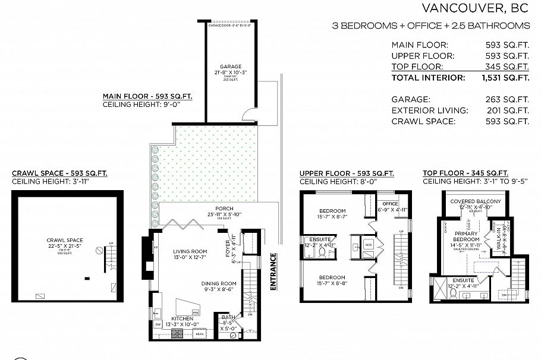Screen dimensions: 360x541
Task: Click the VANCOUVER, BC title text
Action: pos(475,8)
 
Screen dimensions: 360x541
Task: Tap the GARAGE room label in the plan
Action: pos(231,67)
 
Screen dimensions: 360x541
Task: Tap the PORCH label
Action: pos(207,208)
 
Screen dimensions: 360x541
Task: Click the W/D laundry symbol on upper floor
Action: pos(369,244)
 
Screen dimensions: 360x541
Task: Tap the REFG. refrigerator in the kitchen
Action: pos(199,334)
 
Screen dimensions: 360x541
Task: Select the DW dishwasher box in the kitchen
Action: pos(158,325)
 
